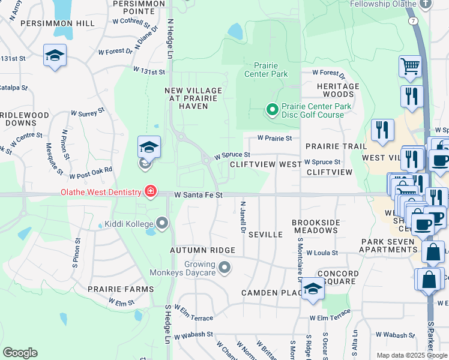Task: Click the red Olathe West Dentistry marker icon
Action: click(x=150, y=192)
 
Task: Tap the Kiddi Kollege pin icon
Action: click(x=162, y=224)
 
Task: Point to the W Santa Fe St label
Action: click(x=199, y=195)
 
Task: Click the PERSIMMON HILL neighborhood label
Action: click(x=57, y=23)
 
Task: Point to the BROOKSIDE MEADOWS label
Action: click(x=315, y=226)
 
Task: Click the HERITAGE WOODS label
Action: click(x=338, y=90)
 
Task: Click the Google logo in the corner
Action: click(x=20, y=353)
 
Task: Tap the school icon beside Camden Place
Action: click(x=313, y=289)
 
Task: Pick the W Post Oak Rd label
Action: click(x=91, y=173)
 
